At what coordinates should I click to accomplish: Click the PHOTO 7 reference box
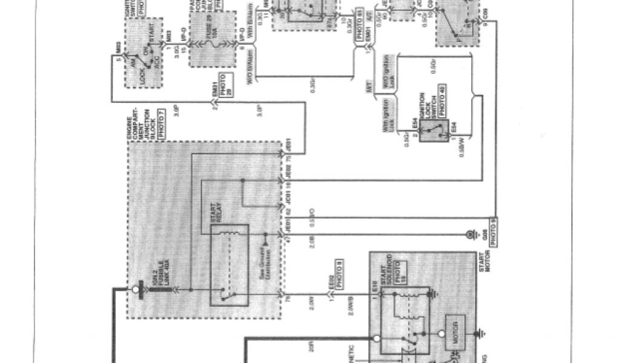click(160, 125)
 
